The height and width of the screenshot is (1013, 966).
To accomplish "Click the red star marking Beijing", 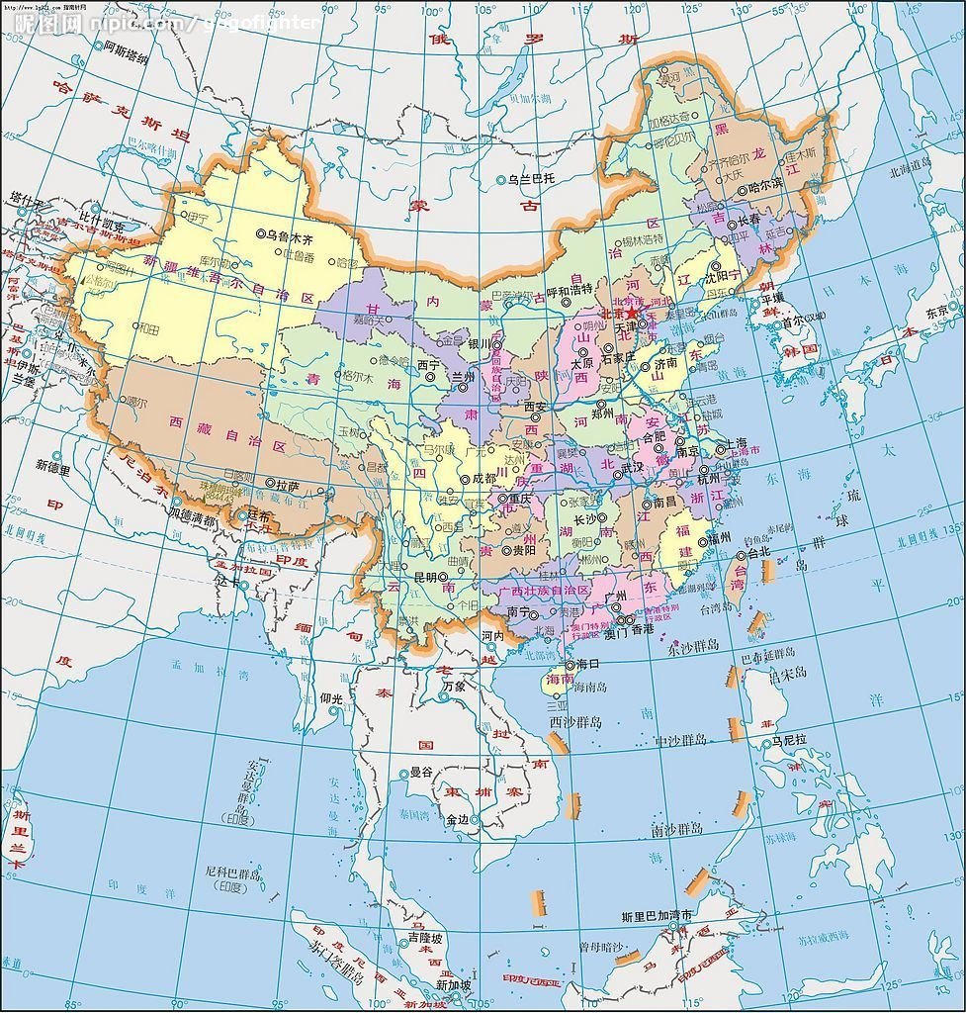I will click(632, 313).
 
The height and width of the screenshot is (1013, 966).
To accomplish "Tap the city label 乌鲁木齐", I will click(290, 236).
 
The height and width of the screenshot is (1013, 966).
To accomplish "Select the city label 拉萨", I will click(288, 485).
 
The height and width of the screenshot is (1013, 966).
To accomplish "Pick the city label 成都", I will click(483, 478).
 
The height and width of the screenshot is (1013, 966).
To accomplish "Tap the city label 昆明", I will click(424, 576).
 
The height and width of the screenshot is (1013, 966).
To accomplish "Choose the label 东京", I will click(937, 312).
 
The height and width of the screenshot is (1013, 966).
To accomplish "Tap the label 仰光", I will click(332, 698).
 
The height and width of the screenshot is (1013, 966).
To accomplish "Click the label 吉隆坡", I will click(424, 938).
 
